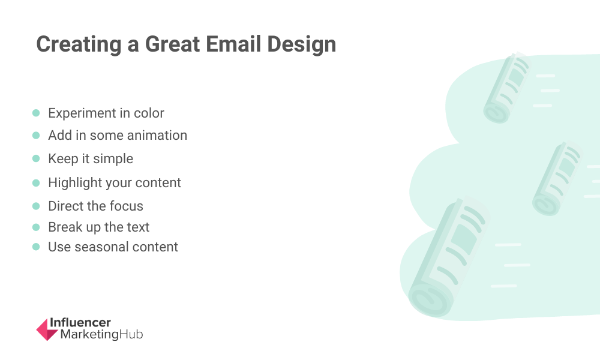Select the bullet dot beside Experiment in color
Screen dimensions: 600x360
pyautogui.click(x=36, y=113)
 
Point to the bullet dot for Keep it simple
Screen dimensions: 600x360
pyautogui.click(x=36, y=158)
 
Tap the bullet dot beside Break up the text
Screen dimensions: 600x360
pyautogui.click(x=36, y=227)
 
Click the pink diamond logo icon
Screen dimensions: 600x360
pyautogui.click(x=47, y=329)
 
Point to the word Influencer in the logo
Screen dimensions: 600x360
pyautogui.click(x=80, y=323)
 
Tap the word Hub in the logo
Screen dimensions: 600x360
pyautogui.click(x=131, y=334)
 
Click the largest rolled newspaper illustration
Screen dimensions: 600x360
pyautogui.click(x=448, y=257)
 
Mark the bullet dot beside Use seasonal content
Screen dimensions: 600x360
pyautogui.click(x=36, y=247)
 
